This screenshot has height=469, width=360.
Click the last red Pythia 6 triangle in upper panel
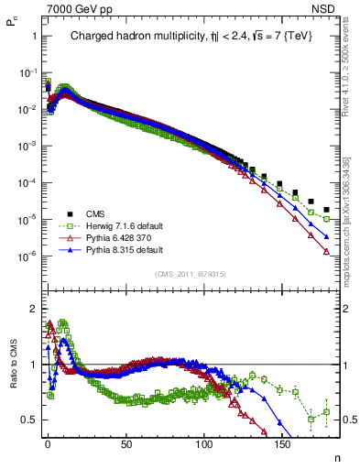(x=327, y=253)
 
